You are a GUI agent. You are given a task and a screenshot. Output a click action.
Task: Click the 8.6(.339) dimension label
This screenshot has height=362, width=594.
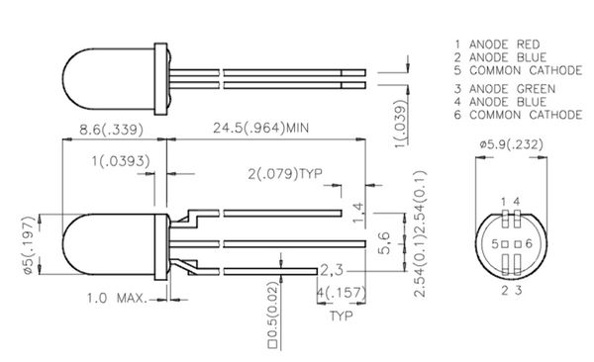click(111, 130)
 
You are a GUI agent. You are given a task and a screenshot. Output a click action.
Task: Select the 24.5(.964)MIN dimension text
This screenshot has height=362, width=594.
click(261, 128)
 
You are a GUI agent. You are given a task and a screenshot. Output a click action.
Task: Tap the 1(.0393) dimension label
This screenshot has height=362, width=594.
click(121, 161)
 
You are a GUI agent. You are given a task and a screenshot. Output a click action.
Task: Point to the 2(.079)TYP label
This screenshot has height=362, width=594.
click(285, 174)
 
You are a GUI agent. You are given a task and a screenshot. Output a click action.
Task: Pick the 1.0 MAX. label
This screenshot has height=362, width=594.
click(117, 298)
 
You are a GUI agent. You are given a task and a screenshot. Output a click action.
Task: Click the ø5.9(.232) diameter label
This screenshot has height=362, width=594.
click(511, 144)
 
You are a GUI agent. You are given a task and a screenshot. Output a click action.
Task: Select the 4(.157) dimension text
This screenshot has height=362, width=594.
click(342, 293)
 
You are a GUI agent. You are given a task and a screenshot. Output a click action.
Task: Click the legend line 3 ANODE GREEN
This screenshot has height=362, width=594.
click(505, 89)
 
